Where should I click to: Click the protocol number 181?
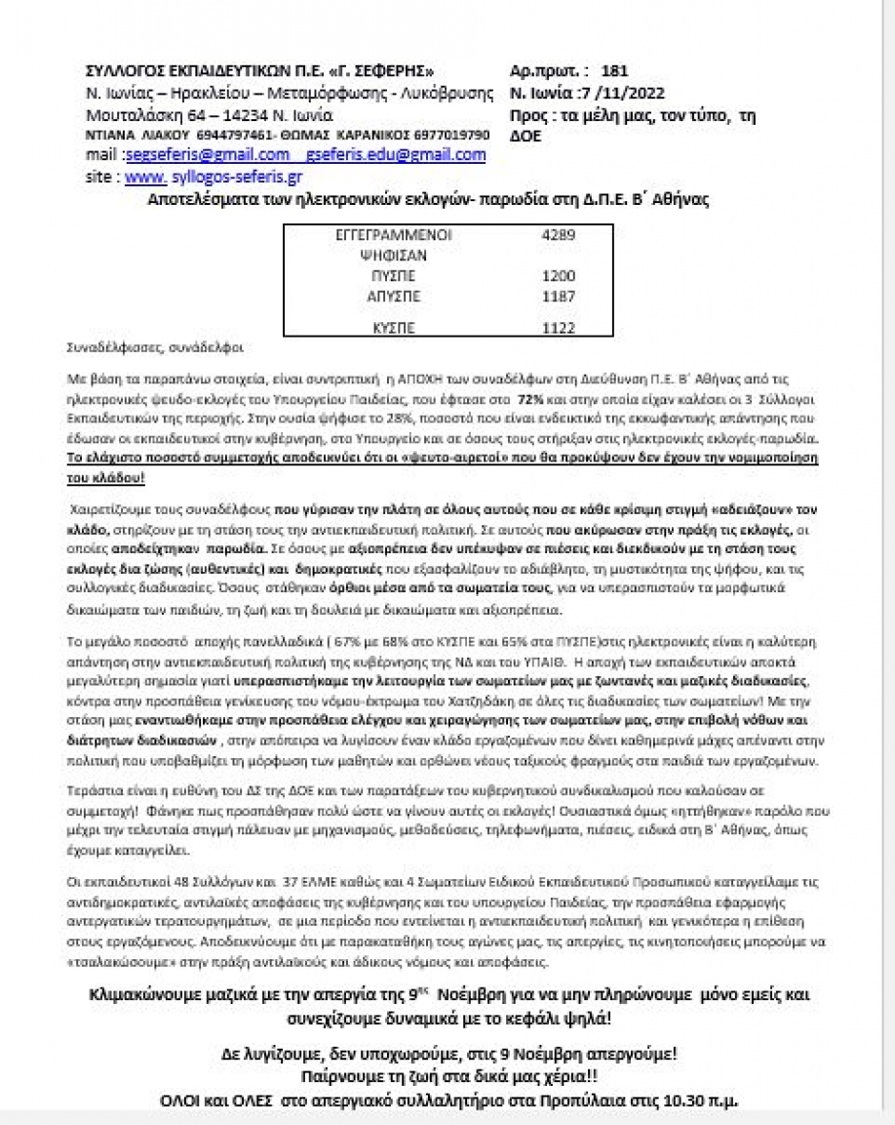615,71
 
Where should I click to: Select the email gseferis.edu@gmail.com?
396,155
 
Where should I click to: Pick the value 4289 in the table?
558,235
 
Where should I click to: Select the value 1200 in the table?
558,276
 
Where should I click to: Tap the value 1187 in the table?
558,294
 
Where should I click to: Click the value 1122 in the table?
558,329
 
